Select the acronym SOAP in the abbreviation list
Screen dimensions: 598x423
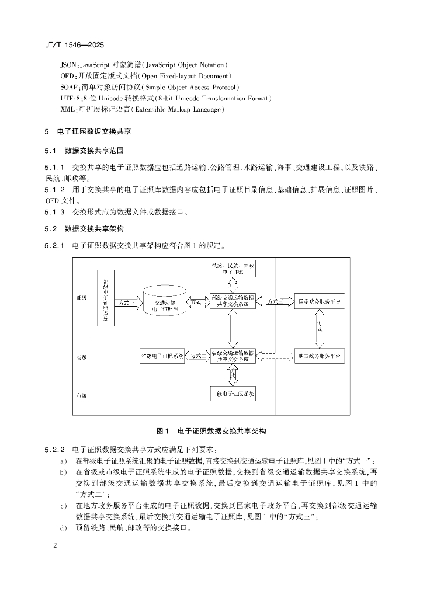[x=69, y=86]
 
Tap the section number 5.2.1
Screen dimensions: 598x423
[x=54, y=245]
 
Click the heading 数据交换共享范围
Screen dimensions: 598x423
[x=94, y=150]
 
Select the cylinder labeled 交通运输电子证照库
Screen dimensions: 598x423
[x=165, y=302]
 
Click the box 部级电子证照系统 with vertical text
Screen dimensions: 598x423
[x=106, y=298]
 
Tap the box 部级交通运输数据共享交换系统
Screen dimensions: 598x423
[x=233, y=301]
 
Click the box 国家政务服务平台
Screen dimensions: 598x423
[x=319, y=301]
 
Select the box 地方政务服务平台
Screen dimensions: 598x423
[x=319, y=355]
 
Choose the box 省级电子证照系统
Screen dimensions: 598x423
[x=162, y=355]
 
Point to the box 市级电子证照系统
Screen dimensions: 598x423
[x=233, y=394]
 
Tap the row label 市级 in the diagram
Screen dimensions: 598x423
[x=82, y=396]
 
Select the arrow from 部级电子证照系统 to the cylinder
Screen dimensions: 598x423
[x=128, y=303]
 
